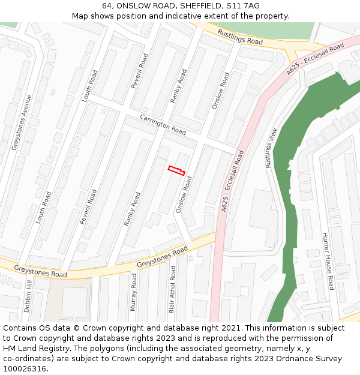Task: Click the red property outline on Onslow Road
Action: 176,170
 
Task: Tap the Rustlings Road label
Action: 240,37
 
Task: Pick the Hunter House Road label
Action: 329,261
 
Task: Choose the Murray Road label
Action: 134,292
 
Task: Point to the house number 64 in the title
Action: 107,6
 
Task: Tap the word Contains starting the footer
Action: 21,328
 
